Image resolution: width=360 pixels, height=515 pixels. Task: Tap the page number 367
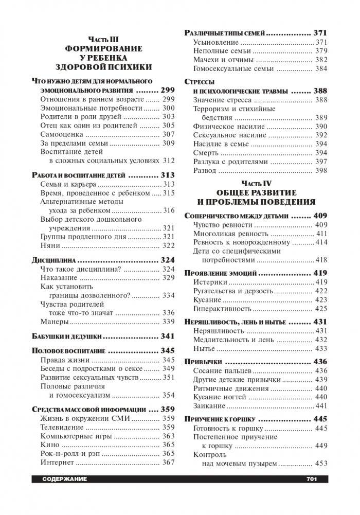[168, 463]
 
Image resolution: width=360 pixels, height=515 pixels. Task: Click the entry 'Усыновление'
[215, 42]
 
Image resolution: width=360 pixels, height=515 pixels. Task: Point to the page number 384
[321, 68]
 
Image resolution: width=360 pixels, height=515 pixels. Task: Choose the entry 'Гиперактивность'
[222, 309]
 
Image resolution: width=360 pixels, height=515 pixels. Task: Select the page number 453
[321, 464]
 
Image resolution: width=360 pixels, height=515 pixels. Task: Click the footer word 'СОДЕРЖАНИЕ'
[61, 480]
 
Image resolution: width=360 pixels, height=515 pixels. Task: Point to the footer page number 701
[311, 480]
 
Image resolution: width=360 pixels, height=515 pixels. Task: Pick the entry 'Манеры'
[54, 322]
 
